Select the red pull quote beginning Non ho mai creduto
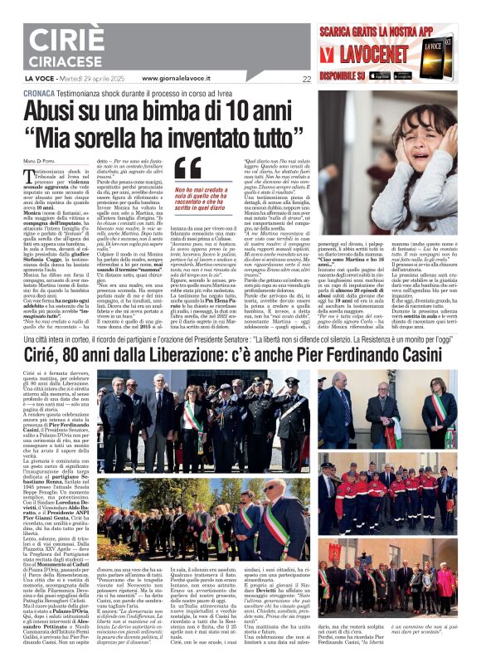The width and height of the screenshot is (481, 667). click(192, 202)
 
